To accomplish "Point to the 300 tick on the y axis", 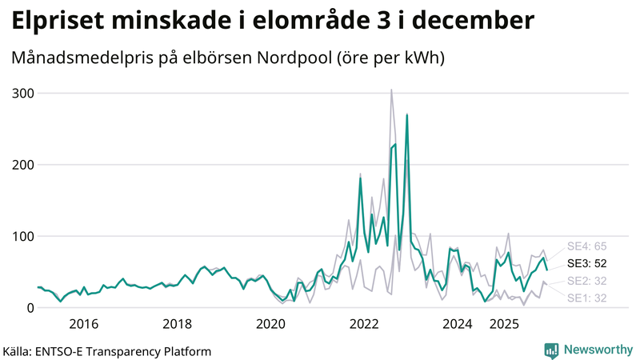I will tap(22, 94).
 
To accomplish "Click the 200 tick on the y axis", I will tap(22, 165).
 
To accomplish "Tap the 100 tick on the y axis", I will tap(22, 236).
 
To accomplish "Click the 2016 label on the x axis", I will tap(84, 324).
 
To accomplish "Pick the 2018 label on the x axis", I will tap(178, 324).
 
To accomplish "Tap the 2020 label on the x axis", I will tap(270, 324).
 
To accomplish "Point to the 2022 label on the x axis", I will tap(364, 324).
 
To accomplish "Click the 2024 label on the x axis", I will tap(458, 324).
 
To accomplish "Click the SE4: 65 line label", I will tap(586, 246).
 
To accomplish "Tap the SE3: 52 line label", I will tap(586, 262).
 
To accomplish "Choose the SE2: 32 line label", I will tap(586, 281).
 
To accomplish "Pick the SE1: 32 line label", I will tap(586, 298).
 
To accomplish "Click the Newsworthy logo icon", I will tap(551, 350).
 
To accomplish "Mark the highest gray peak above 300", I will tap(391, 90).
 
